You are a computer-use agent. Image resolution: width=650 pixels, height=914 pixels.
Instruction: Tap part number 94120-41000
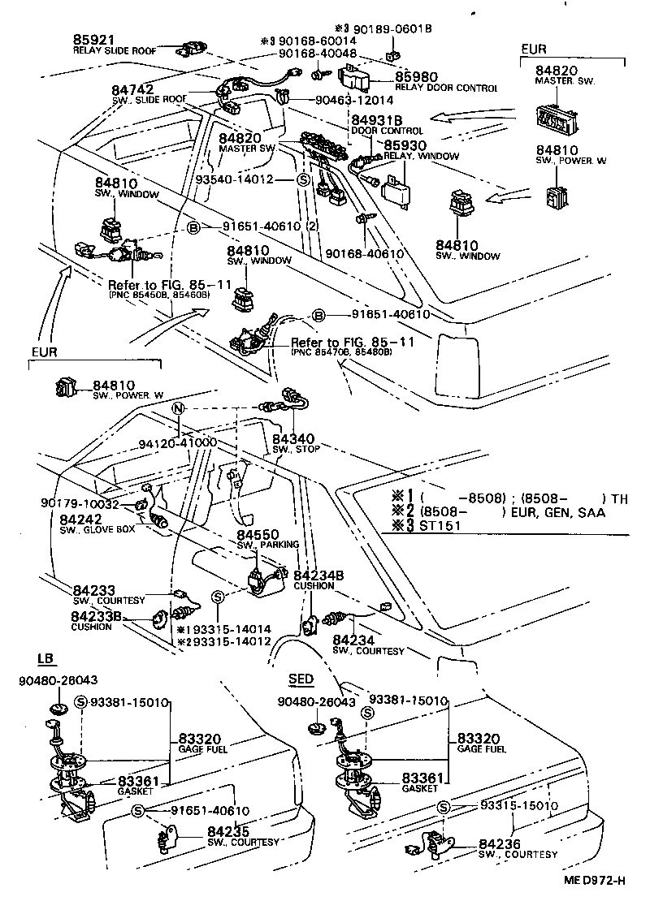[x=177, y=443]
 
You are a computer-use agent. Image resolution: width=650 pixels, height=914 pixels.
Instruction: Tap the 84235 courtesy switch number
[x=227, y=831]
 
